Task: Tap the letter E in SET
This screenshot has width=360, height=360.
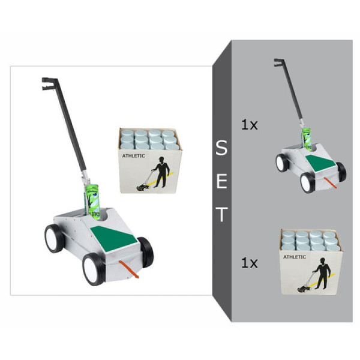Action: click(x=221, y=181)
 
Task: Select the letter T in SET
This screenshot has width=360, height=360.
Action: click(x=221, y=214)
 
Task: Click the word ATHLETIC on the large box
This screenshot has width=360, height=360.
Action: click(x=133, y=155)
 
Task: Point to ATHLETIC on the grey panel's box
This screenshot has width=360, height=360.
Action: click(x=294, y=257)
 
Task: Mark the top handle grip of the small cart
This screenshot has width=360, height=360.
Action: click(x=278, y=62)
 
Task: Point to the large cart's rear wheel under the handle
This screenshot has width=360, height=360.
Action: click(x=54, y=238)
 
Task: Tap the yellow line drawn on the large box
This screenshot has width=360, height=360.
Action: click(x=170, y=175)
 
